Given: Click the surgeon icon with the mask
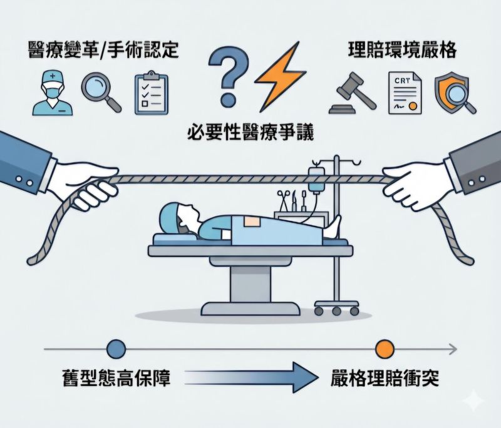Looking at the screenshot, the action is click(53, 93).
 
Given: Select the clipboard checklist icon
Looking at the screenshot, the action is click(151, 93).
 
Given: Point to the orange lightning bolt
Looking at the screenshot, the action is click(279, 76).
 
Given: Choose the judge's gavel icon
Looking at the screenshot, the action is click(352, 93).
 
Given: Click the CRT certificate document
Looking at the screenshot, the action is click(405, 93).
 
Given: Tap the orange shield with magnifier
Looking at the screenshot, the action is click(453, 93).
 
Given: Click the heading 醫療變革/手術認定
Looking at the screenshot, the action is click(103, 50).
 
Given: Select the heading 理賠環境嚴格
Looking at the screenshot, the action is click(402, 50).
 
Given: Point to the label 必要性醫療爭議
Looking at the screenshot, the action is click(250, 132).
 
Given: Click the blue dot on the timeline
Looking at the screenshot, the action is click(116, 349).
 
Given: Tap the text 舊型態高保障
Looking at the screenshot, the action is click(116, 378).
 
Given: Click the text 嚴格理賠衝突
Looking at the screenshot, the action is click(385, 378).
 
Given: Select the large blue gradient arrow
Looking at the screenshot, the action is click(251, 378).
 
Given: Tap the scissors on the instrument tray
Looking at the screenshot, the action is click(284, 200).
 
